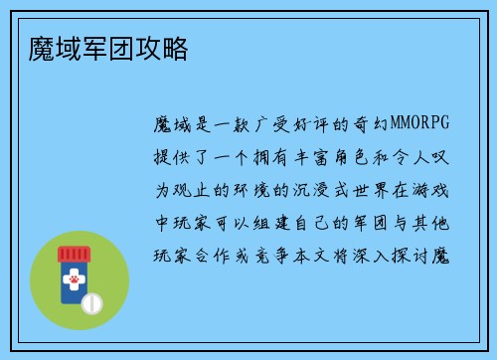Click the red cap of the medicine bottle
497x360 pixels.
click(x=73, y=255)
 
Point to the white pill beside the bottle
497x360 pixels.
click(x=90, y=301)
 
